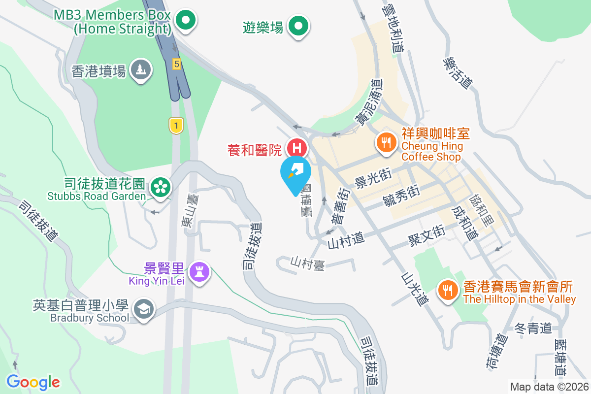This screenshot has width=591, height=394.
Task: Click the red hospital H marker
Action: click(297, 147)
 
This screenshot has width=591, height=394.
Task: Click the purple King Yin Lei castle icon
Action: click(200, 271)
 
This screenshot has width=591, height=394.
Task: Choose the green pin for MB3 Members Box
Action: click(186, 21)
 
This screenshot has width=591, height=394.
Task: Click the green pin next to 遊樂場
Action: click(298, 24)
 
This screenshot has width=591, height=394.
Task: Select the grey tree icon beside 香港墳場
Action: click(141, 70)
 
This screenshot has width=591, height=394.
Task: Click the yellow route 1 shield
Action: click(176, 126)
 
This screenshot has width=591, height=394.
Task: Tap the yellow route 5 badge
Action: click(176, 64)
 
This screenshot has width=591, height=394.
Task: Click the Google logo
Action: click(33, 382)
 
